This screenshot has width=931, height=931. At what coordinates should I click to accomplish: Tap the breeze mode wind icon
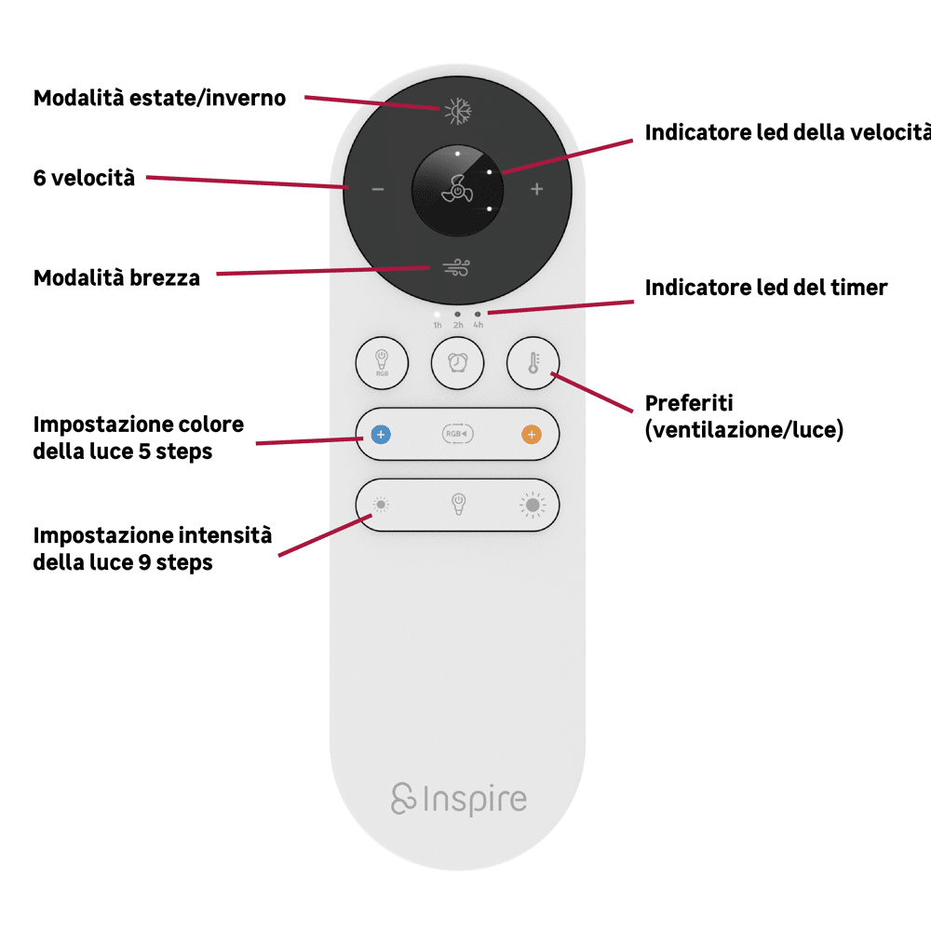(457, 268)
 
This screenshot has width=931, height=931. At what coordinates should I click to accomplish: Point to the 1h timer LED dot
(438, 315)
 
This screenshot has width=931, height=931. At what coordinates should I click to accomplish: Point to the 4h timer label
(478, 325)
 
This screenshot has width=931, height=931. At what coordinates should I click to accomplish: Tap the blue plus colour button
(381, 434)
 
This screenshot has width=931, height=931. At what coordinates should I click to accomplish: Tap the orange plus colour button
(531, 434)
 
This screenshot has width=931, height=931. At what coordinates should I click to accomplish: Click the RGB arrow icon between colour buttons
(456, 434)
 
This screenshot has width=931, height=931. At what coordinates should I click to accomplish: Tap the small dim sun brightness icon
(381, 505)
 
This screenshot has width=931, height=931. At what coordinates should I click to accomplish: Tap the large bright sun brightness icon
(533, 505)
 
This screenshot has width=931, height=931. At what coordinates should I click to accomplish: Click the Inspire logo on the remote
(458, 799)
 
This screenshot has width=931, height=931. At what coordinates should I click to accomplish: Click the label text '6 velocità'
(84, 178)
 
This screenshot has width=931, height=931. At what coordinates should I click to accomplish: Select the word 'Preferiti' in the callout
(689, 403)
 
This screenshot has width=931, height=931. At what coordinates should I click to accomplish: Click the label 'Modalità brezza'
(116, 277)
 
